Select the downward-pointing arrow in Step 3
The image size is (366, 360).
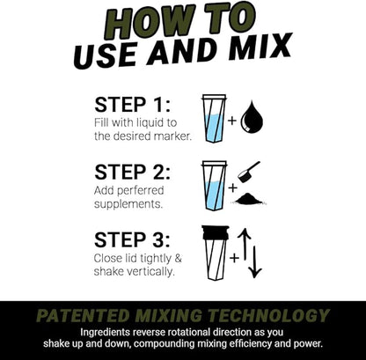(255, 261)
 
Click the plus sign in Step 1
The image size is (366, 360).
(232, 119)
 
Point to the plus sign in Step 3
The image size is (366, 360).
(233, 258)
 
